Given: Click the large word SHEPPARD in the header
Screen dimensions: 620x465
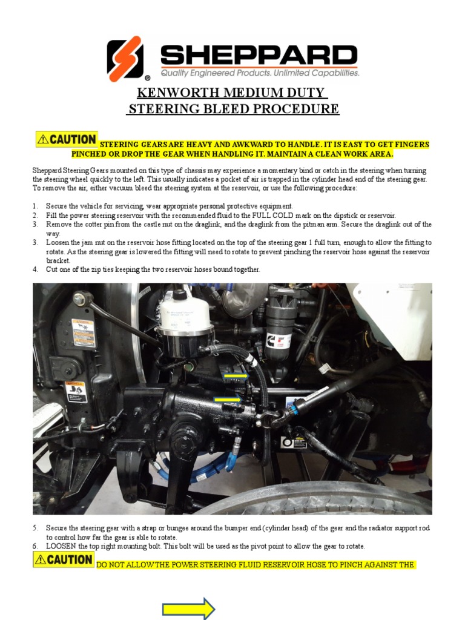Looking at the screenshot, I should (x=259, y=56).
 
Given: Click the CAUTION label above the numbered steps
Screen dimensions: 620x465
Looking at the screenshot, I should (x=67, y=139).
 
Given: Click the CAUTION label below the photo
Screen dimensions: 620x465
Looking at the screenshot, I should (x=63, y=559).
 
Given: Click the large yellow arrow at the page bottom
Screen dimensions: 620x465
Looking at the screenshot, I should (x=188, y=608).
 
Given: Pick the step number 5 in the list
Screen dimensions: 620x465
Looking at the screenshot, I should (x=35, y=529).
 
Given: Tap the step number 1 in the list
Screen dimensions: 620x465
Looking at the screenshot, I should (x=35, y=206).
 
